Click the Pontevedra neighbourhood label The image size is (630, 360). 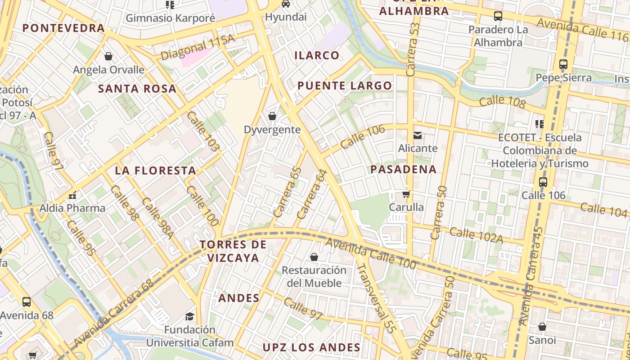63,28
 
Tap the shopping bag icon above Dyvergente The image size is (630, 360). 272,116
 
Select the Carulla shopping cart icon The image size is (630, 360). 406,194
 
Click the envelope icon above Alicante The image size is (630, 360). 418,135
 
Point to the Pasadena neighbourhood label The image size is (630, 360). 403,169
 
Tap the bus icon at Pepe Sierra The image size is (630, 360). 563,64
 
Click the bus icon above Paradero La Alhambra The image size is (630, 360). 498,16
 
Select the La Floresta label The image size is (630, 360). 155,171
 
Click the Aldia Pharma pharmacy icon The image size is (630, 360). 72,195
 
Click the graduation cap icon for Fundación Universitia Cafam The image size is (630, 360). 190,316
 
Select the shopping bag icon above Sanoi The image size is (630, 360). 542,327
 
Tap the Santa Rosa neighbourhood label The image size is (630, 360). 137,89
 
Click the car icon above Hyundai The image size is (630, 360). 285,4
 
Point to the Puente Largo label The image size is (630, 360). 345,85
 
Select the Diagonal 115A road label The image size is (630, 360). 198,48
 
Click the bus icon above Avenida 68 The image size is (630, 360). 27,301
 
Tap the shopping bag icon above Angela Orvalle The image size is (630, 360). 108,56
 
